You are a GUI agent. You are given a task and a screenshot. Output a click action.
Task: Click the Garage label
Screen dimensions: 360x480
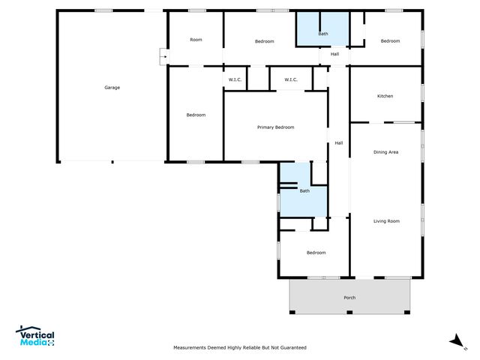pos(112,88)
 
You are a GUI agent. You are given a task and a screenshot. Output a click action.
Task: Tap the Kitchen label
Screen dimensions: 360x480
pos(385,96)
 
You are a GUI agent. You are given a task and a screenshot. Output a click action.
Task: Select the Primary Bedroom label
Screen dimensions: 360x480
pos(275,127)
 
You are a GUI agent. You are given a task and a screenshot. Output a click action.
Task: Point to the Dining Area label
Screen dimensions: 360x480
pos(385,152)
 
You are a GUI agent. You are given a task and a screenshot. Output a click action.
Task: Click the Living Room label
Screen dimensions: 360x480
pos(386,221)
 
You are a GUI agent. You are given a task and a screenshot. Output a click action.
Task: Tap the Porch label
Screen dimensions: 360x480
pos(349,298)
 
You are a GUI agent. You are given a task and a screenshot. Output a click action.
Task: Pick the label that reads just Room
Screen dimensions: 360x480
pos(196,40)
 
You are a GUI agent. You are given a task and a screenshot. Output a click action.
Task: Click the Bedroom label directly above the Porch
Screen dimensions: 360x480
pos(316,253)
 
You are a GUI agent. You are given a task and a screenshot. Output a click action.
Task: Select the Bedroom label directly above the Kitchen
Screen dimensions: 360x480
pos(389,40)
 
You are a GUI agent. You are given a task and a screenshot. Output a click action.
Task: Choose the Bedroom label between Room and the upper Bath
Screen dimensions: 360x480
pos(264,41)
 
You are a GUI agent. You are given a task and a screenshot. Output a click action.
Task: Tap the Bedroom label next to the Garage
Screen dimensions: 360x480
pos(196,115)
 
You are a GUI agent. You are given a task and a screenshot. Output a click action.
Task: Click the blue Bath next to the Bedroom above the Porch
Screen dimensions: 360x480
pos(304,191)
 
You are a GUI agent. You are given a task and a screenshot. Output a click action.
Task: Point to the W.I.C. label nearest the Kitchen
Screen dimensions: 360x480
pos(290,79)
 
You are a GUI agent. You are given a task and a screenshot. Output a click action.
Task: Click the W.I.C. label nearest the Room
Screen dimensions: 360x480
pos(233,79)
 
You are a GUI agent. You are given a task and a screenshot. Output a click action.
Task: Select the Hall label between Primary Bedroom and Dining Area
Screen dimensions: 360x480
pos(339,143)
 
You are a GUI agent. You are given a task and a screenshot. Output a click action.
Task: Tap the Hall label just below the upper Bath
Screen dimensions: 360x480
pos(334,54)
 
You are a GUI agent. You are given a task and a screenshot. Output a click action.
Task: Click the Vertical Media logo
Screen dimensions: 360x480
pos(35,337)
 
